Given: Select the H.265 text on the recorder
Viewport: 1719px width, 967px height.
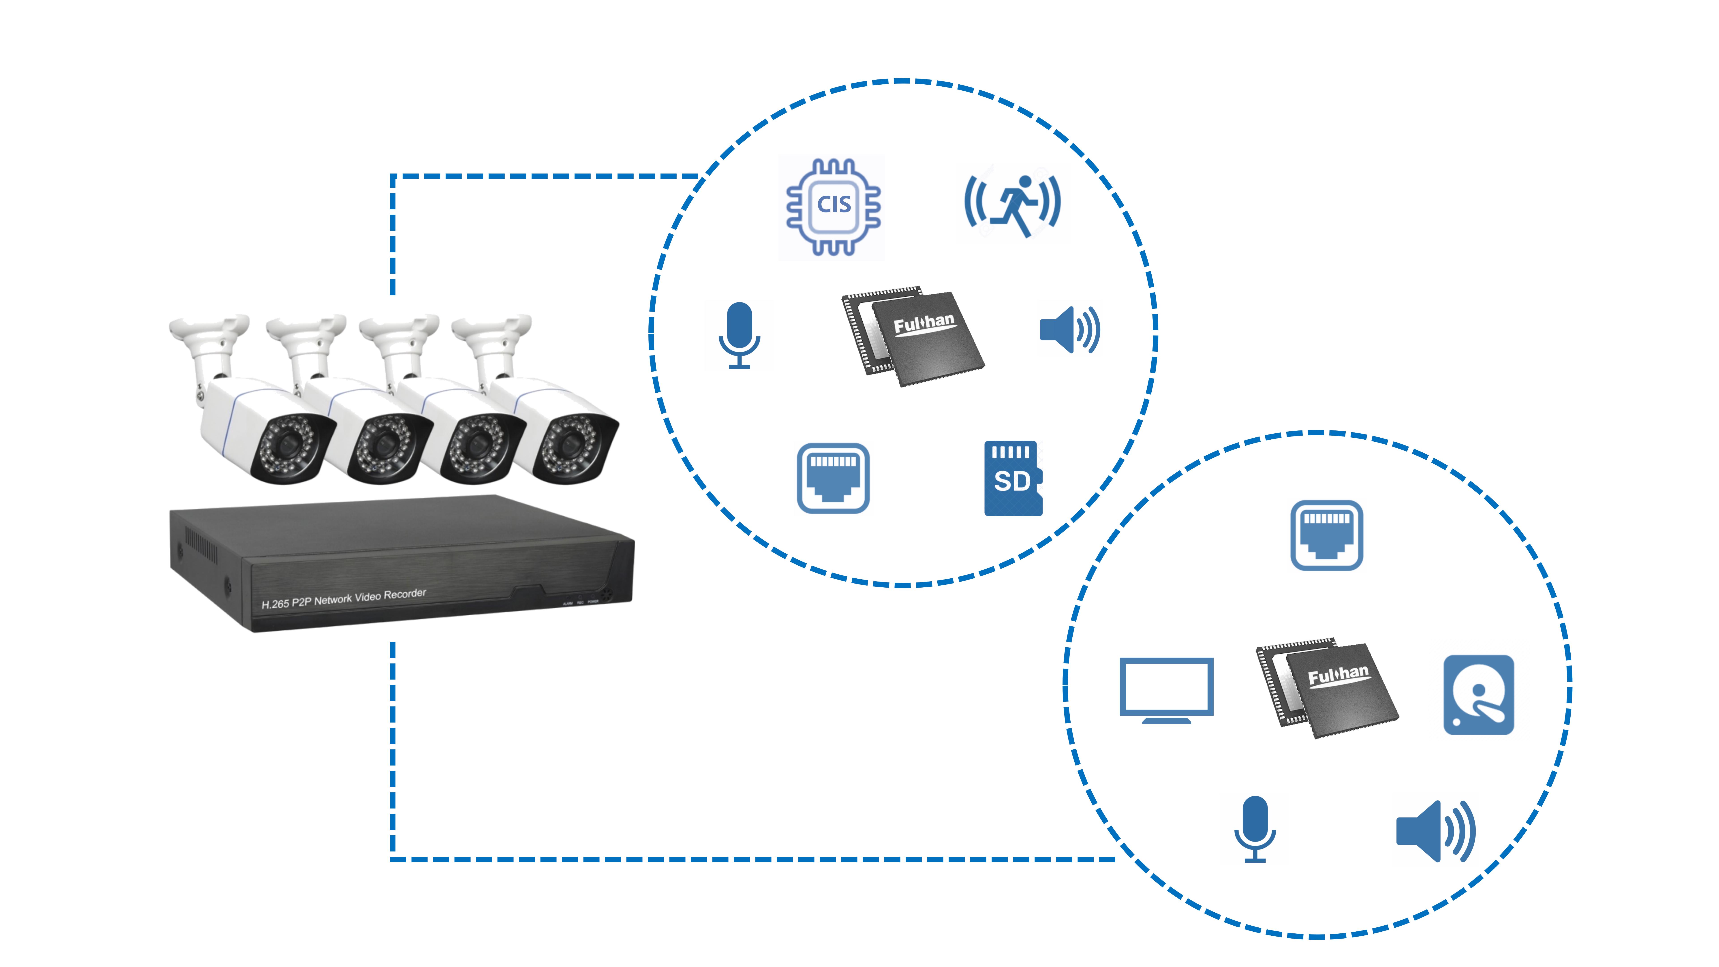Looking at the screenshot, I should (x=275, y=604).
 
